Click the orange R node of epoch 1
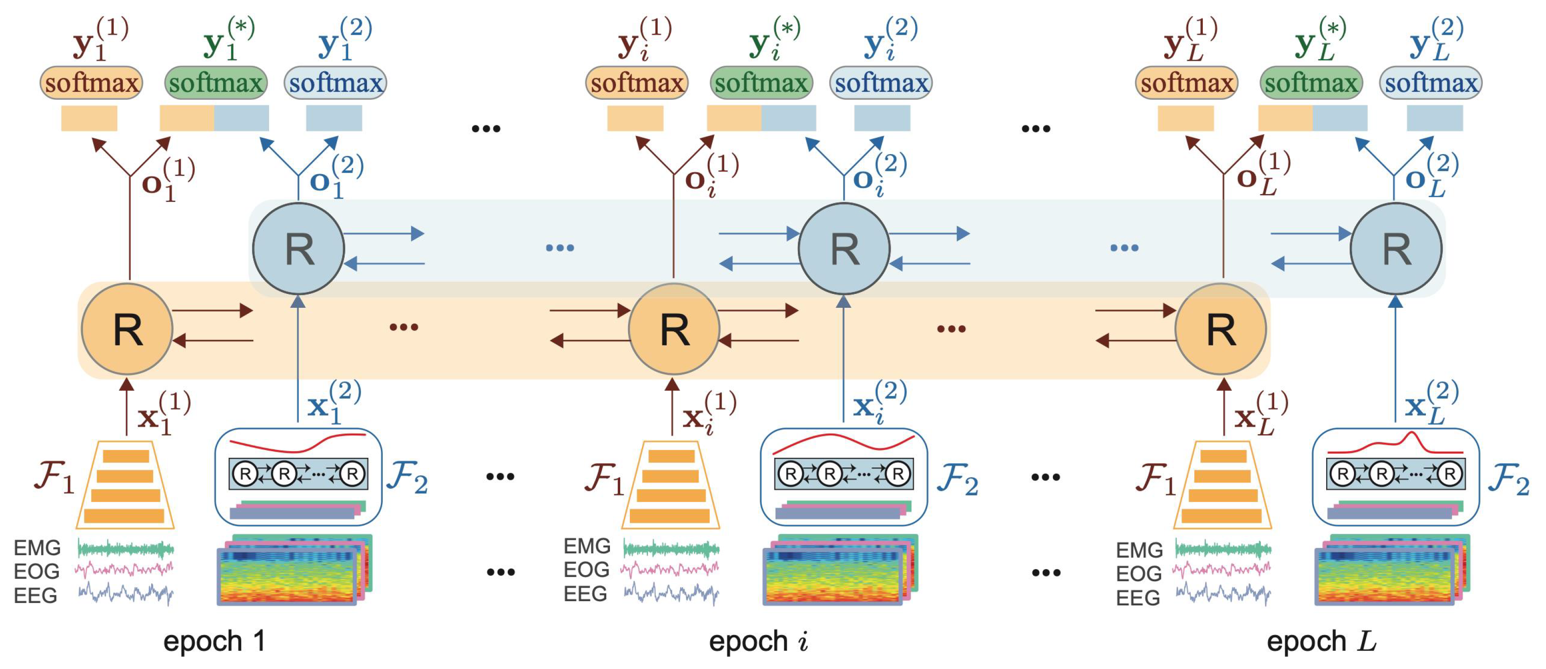127,329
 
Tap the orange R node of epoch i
674,329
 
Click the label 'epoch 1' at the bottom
214,641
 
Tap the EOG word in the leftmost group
37,571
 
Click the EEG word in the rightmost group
1138,598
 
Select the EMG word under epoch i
586,546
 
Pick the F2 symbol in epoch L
1508,479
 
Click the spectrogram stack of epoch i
839,569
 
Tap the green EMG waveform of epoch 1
125,549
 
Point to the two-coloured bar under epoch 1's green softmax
214,118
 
